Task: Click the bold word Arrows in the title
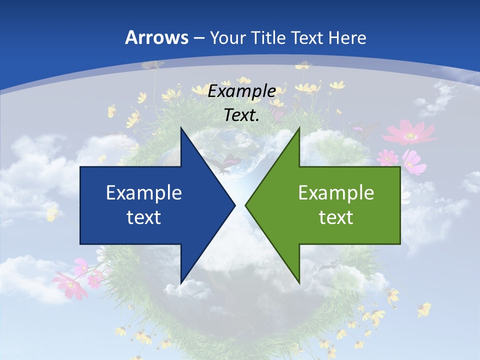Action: point(156,37)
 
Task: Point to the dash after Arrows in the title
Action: point(198,38)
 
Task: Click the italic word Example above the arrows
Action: point(242,91)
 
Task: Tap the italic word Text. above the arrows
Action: point(242,115)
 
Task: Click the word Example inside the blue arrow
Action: point(144,192)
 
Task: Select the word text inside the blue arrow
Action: point(144,217)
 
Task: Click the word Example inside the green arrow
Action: point(336,192)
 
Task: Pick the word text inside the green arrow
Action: point(336,217)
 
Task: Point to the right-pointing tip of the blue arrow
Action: point(235,205)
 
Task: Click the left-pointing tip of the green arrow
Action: point(245,205)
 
